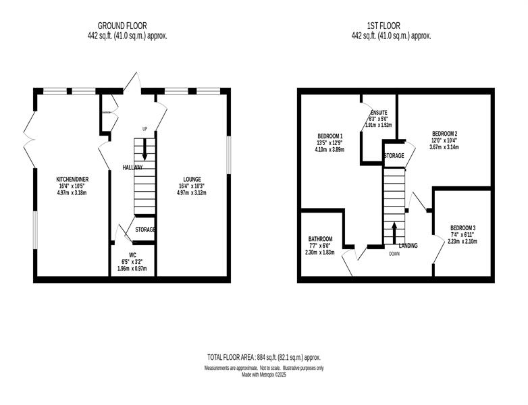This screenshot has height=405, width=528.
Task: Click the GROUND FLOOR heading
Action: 122,26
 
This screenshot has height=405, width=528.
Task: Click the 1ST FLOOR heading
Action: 384,26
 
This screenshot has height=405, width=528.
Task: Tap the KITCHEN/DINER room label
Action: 72,180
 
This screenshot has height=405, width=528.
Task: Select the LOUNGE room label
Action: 192,180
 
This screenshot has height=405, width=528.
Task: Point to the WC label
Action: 132,255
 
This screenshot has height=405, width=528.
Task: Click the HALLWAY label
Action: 132,167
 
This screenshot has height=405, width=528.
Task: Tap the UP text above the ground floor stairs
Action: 144,129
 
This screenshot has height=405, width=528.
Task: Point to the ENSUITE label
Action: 379,113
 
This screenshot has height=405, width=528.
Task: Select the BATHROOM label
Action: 321,239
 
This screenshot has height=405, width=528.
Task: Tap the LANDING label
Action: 408,246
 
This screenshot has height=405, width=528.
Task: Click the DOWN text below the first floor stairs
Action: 394,254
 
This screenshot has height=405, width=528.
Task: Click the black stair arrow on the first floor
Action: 394,233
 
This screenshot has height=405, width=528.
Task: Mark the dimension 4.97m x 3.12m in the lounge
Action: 192,193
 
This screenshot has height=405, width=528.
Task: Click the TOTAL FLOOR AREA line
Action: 264,357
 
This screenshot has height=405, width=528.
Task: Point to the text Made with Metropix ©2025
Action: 264,375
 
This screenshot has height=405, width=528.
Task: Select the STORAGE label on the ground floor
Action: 145,230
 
